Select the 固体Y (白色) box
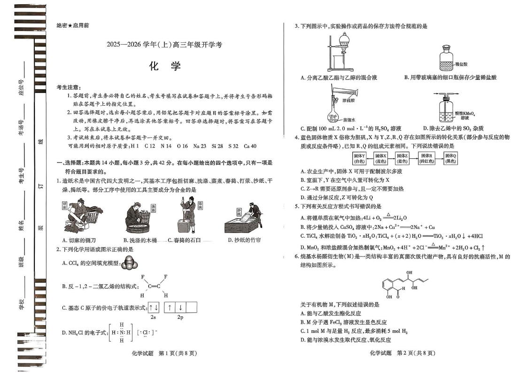pos(360,158)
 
